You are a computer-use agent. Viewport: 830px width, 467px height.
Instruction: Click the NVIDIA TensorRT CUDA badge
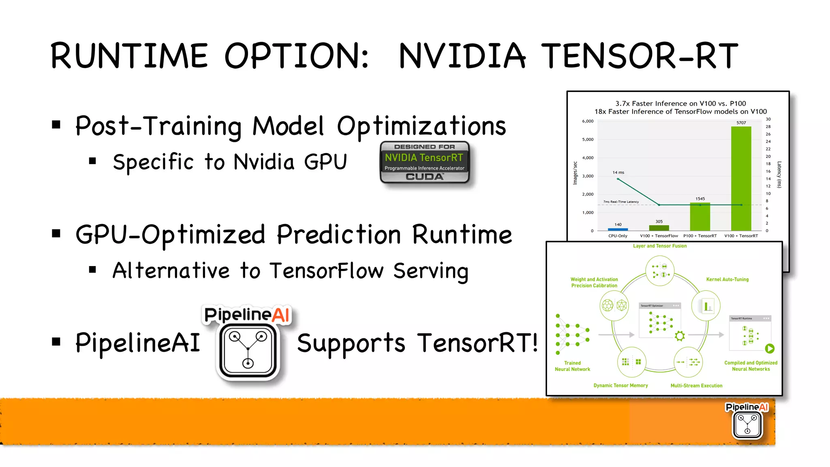(424, 162)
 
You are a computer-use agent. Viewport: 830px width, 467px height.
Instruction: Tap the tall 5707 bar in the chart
(741, 178)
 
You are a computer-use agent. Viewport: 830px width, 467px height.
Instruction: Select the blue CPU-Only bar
(618, 229)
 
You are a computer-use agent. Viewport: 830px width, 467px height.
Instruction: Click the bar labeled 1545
(700, 217)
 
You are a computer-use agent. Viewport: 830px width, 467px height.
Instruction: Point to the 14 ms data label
(618, 173)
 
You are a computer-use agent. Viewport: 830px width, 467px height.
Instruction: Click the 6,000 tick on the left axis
(588, 121)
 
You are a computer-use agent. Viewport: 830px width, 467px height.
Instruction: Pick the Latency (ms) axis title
(779, 175)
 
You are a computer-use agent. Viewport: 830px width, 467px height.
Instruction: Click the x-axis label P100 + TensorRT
(700, 236)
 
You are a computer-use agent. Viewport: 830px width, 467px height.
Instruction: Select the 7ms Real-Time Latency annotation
(620, 202)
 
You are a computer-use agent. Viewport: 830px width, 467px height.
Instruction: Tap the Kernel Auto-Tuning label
(727, 279)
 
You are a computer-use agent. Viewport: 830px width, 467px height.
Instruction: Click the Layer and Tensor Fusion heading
(660, 246)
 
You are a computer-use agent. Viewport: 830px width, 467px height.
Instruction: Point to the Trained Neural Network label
(572, 366)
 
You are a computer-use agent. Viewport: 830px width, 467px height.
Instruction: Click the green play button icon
(770, 348)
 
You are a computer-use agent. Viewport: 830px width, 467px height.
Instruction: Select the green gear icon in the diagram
(680, 336)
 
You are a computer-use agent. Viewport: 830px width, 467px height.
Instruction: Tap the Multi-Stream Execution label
(696, 386)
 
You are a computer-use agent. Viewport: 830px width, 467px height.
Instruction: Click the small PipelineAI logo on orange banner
(747, 421)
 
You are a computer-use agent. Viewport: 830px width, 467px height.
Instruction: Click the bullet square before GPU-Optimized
(56, 233)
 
